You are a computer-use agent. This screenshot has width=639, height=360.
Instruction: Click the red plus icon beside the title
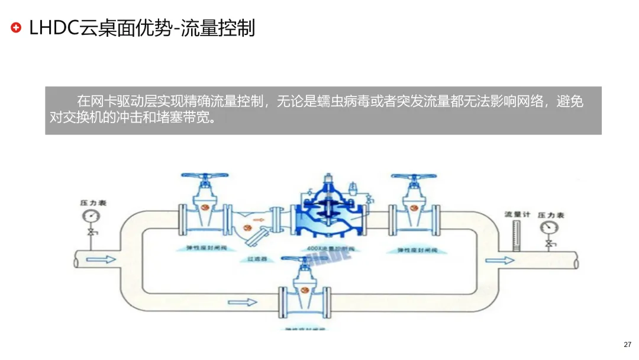16,27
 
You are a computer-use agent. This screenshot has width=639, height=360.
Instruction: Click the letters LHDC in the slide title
54,27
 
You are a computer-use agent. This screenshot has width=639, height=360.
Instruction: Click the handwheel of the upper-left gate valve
204,176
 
